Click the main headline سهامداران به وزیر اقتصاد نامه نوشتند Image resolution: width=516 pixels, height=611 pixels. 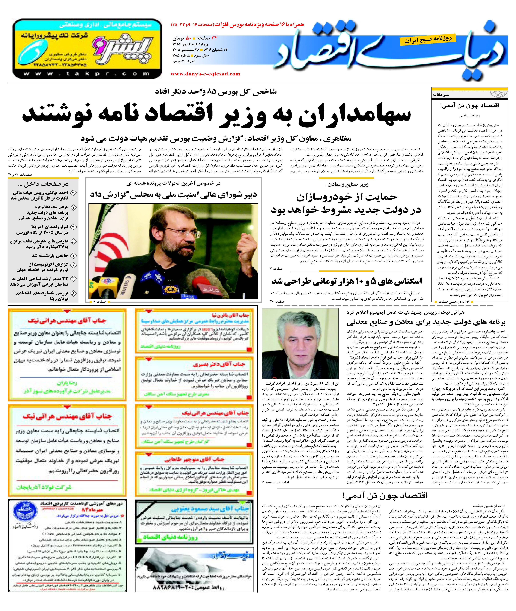216,115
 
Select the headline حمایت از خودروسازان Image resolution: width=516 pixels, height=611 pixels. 347,197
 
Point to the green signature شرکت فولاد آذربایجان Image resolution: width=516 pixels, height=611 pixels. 44,487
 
